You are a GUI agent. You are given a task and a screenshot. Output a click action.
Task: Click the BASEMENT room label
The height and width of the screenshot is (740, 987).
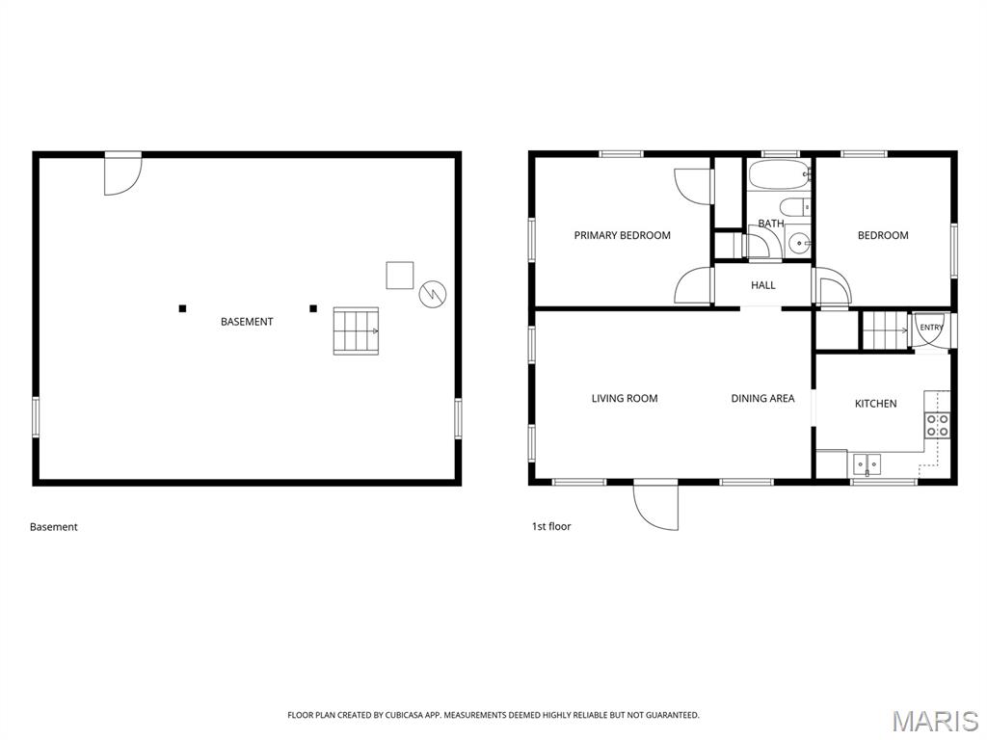click(x=247, y=322)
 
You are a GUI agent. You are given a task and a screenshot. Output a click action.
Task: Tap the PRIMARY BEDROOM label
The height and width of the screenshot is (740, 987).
click(x=622, y=235)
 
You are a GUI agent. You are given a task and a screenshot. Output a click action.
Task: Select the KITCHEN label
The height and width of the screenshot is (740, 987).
click(x=875, y=404)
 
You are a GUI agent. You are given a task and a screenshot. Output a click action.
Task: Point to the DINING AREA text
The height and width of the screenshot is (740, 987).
click(x=762, y=398)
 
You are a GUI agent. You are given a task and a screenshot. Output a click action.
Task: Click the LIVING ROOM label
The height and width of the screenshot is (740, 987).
click(x=625, y=398)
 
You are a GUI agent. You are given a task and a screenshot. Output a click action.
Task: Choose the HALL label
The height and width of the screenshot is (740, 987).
click(x=763, y=285)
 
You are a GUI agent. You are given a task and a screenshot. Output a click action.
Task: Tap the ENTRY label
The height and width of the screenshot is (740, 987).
click(x=932, y=328)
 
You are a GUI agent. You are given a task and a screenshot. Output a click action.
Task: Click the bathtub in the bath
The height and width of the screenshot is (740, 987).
click(x=779, y=174)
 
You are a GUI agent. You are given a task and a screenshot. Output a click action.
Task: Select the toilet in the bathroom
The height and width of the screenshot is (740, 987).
click(x=794, y=207)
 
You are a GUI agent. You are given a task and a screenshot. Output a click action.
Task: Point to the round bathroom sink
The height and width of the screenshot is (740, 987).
click(x=799, y=242)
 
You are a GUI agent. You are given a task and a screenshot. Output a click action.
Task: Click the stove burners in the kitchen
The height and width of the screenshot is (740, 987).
click(x=937, y=425)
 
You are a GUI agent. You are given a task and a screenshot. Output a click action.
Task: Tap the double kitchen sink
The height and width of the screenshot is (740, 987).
click(x=867, y=464)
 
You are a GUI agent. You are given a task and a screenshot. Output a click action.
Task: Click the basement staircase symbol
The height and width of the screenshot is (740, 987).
click(x=356, y=331)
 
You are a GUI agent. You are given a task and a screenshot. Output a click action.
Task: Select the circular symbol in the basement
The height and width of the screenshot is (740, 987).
click(x=433, y=293)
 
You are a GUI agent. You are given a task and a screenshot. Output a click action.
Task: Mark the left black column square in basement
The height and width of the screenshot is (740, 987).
click(x=182, y=308)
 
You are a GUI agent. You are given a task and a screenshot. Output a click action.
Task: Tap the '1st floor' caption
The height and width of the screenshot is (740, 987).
click(x=551, y=526)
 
